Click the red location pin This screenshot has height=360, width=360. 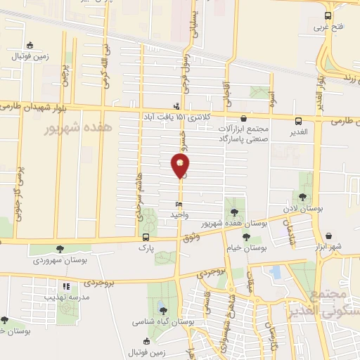(180, 166)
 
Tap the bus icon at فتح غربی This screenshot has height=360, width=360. (328, 16)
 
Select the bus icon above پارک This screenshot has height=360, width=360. (145, 237)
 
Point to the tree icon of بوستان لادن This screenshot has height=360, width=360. (302, 197)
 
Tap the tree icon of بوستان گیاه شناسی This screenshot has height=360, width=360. (162, 310)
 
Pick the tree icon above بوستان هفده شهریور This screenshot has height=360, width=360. (234, 212)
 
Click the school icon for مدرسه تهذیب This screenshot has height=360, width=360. (67, 287)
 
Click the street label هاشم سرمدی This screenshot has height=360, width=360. (141, 205)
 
